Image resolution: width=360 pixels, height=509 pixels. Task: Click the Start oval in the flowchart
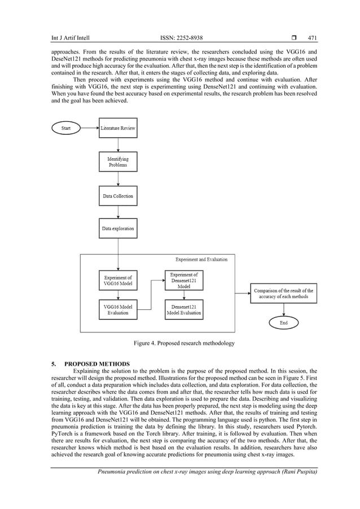(x=67, y=128)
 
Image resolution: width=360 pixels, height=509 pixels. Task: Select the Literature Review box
(x=118, y=128)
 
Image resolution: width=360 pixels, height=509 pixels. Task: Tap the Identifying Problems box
(x=118, y=162)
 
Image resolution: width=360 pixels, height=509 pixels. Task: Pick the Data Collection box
(x=118, y=196)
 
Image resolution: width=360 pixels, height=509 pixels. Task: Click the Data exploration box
(x=118, y=229)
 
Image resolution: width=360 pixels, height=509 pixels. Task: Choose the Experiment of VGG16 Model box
(x=118, y=280)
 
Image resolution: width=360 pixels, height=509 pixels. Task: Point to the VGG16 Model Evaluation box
(x=118, y=309)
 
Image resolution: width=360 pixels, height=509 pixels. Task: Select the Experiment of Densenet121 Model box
(x=184, y=280)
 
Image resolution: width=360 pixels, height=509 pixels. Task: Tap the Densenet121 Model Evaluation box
(x=184, y=309)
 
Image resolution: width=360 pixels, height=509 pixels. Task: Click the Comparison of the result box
(x=283, y=293)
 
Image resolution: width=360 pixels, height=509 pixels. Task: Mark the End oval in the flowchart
(x=283, y=323)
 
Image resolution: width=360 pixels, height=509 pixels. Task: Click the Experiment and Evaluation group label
(x=201, y=260)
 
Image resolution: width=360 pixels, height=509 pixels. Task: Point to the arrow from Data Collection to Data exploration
(x=118, y=212)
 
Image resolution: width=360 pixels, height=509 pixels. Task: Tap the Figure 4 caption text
(x=184, y=343)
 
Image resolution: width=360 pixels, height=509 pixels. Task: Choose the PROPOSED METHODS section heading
(x=98, y=363)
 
